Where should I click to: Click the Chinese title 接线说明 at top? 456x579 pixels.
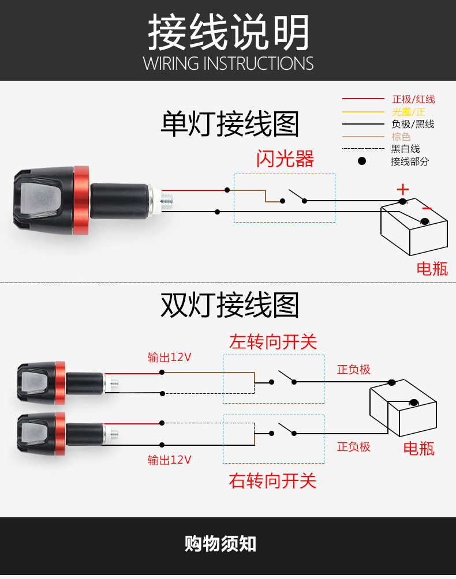(228, 32)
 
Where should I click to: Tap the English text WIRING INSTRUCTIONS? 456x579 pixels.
(228, 63)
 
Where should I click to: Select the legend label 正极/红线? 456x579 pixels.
(413, 100)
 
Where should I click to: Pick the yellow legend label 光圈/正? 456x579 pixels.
(408, 112)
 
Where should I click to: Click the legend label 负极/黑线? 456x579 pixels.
(413, 124)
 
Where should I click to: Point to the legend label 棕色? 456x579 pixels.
(401, 137)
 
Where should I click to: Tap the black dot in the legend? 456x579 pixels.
(362, 161)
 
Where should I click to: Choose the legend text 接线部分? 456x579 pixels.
(410, 161)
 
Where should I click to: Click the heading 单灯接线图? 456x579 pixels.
(230, 124)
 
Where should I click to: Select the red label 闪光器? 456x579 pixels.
(285, 159)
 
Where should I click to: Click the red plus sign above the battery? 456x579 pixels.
(402, 189)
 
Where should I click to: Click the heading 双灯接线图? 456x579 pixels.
(230, 306)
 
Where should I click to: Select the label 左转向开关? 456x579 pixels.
(273, 341)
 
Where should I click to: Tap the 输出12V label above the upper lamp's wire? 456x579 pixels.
(169, 358)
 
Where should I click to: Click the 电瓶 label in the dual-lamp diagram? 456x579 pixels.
(418, 448)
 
